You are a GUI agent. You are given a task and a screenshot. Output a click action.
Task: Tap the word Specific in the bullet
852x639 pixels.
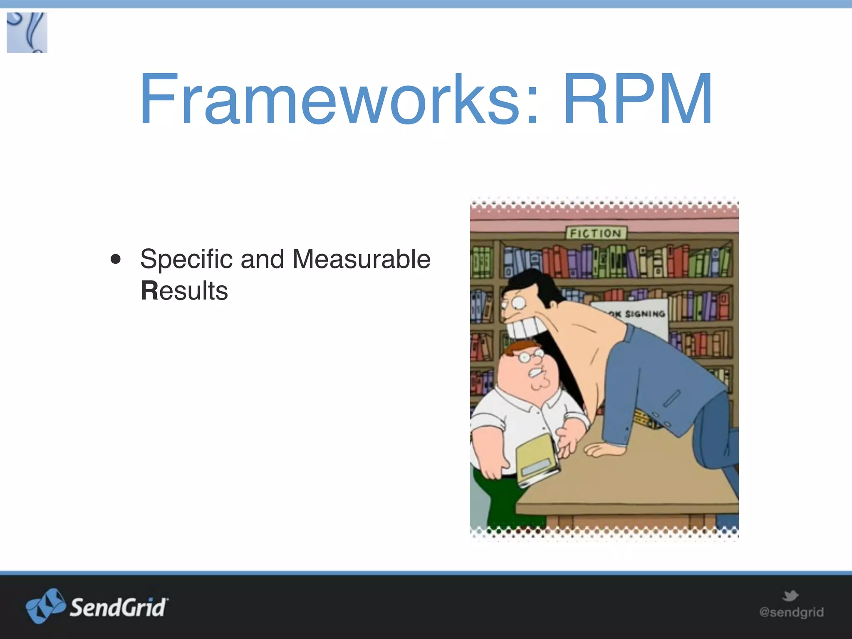pos(186,259)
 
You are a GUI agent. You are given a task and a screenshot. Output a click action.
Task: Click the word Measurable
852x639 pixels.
pos(361,259)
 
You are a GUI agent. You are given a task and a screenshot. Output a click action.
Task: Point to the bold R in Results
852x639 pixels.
pos(149,290)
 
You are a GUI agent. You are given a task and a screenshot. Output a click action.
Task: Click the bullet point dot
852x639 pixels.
pos(116,259)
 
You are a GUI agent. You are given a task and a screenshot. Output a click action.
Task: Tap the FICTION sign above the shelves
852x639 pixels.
pos(596,233)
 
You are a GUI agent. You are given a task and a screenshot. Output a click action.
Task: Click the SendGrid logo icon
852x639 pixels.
pos(45,606)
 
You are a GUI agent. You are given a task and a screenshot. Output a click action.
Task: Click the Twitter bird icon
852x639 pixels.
pos(790,596)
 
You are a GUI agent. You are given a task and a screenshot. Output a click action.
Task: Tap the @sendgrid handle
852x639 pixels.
pos(791,612)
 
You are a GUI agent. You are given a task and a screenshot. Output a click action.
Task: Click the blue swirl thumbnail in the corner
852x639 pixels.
pos(27,33)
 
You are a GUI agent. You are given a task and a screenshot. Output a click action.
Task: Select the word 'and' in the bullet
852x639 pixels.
pos(262,259)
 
